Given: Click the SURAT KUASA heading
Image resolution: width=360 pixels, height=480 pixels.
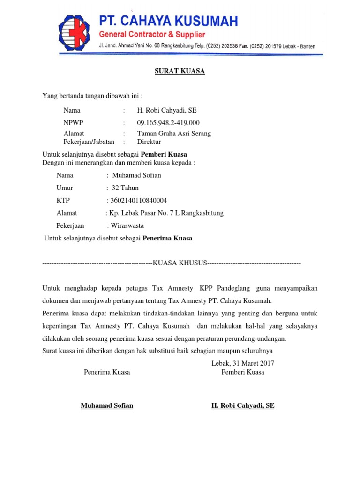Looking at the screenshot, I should tap(180, 71).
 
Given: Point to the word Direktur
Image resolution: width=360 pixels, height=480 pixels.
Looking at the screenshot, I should tap(149, 141).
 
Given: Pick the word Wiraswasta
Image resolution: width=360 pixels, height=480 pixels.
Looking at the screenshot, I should tap(127, 225).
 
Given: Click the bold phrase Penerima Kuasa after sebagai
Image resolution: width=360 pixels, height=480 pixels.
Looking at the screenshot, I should tap(167, 238).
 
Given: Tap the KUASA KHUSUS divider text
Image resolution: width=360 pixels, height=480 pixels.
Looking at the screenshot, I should tap(180, 263).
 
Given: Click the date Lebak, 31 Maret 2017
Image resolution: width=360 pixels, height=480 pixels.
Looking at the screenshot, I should tap(243, 363).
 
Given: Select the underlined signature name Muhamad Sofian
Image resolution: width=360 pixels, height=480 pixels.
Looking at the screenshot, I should tap(107, 405).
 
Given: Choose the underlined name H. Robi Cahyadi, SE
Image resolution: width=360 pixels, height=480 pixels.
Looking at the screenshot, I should tap(243, 405).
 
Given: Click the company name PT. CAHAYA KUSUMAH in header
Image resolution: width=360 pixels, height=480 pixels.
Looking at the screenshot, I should tap(168, 21).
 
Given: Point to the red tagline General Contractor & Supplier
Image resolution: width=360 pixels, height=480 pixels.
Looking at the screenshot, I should tap(152, 35).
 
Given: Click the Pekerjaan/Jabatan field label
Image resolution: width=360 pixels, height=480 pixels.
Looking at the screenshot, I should tap(90, 141).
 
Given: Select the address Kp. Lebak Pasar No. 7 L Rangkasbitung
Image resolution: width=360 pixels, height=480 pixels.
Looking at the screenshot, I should tap(166, 213).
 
